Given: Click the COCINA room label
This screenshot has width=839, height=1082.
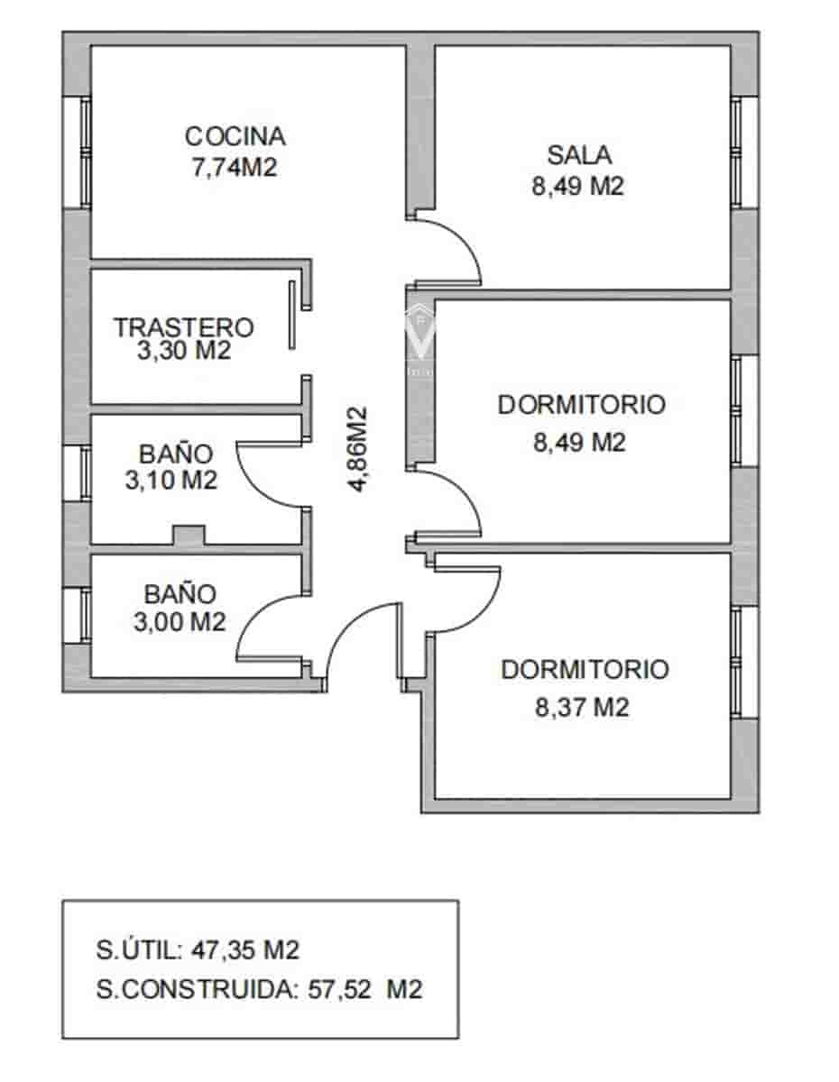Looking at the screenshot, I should pyautogui.click(x=235, y=136).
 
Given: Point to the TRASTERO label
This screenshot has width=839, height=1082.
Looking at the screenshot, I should pyautogui.click(x=184, y=326).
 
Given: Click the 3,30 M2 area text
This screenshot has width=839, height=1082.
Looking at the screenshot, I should pyautogui.click(x=184, y=351).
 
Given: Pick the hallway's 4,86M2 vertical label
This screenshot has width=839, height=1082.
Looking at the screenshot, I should pyautogui.click(x=358, y=448).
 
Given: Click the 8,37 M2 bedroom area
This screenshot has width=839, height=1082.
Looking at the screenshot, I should pyautogui.click(x=582, y=707).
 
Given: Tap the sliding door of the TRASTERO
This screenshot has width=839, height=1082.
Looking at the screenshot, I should pyautogui.click(x=292, y=315).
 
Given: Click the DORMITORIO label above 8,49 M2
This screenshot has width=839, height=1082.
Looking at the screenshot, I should pyautogui.click(x=582, y=405).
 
